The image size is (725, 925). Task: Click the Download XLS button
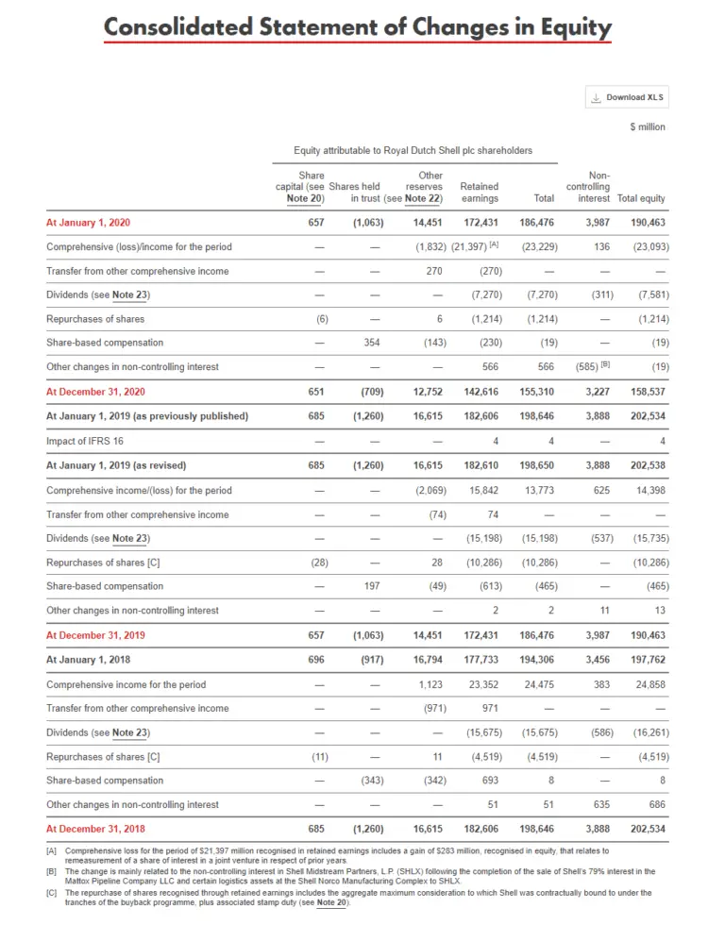pyautogui.click(x=628, y=97)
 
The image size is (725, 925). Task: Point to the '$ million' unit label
pyautogui.click(x=648, y=127)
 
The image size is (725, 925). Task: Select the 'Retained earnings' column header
pyautogui.click(x=480, y=193)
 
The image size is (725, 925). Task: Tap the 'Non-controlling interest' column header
pyautogui.click(x=594, y=187)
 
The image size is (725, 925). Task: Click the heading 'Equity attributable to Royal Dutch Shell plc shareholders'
pyautogui.click(x=413, y=151)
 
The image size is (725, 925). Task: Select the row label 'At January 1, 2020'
pyautogui.click(x=88, y=223)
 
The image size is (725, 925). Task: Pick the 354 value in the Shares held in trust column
pyautogui.click(x=371, y=343)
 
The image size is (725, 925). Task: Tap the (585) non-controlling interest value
pyautogui.click(x=592, y=367)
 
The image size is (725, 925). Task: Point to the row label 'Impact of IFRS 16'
pyautogui.click(x=86, y=441)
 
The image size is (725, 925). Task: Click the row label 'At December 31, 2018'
pyautogui.click(x=95, y=830)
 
